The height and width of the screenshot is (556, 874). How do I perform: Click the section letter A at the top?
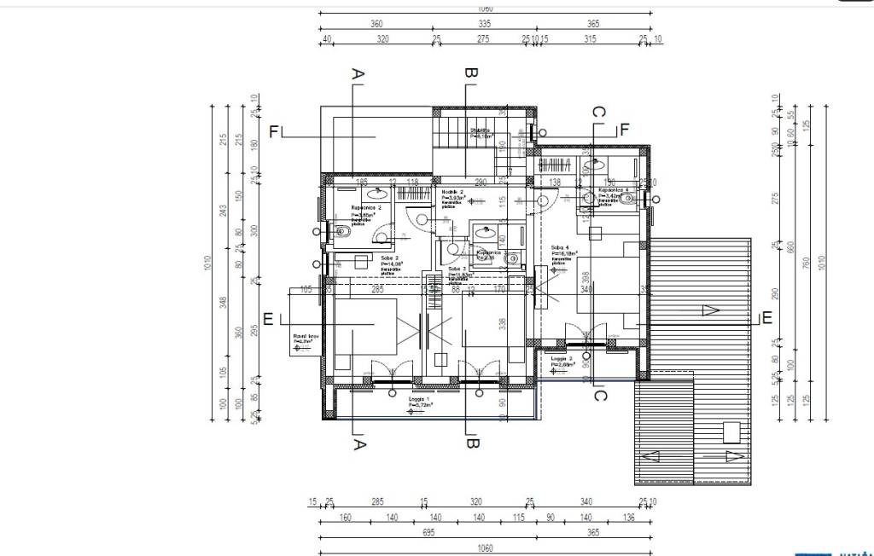(358, 76)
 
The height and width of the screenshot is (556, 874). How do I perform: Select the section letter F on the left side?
(274, 132)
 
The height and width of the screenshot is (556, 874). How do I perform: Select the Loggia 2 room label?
(562, 360)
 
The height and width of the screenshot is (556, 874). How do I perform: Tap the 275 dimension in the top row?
(483, 39)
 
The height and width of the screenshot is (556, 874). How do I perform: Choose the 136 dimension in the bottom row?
(629, 518)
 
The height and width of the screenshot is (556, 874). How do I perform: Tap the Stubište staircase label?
(480, 131)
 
